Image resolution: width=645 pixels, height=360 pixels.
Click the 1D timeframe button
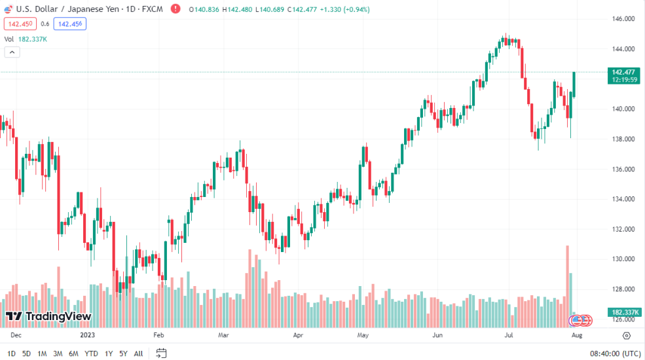[11, 353]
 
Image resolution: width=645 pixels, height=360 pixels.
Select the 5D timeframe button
[26, 353]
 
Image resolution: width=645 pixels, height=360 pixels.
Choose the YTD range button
[92, 353]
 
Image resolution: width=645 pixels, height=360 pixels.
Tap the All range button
[138, 353]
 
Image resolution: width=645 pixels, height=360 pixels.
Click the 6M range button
[73, 353]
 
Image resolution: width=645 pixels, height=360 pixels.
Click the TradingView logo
[48, 317]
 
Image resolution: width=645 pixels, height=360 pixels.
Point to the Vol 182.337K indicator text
[26, 39]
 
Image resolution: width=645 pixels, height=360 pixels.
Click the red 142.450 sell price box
[19, 24]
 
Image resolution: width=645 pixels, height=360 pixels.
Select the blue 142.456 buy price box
[70, 24]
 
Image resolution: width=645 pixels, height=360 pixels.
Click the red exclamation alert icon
[175, 9]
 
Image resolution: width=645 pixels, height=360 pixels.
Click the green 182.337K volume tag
[623, 312]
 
